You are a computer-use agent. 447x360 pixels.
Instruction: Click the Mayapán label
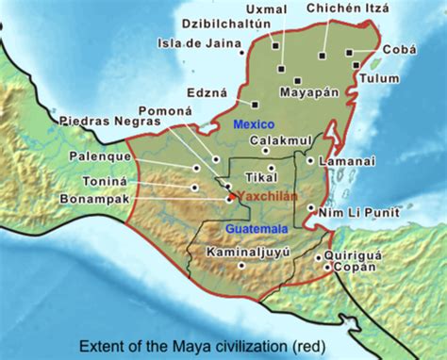click(x=307, y=93)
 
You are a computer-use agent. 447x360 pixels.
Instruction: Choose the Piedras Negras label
click(x=109, y=122)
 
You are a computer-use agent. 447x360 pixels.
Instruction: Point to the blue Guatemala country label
click(x=255, y=228)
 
